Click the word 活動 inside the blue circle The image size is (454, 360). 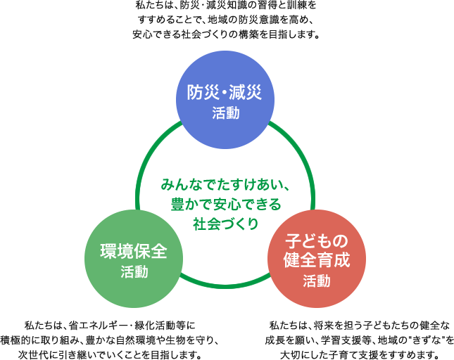point(225,113)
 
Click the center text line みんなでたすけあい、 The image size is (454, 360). point(225,186)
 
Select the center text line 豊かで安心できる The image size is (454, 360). point(225,205)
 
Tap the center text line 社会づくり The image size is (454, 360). point(225,224)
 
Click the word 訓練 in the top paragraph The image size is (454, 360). point(294,5)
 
